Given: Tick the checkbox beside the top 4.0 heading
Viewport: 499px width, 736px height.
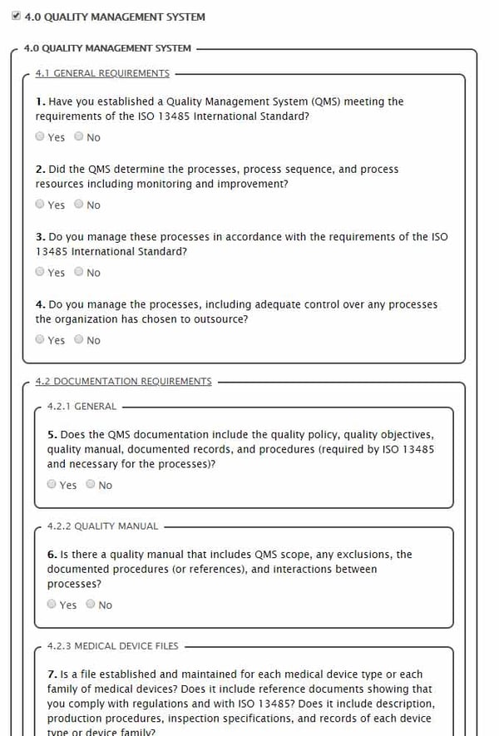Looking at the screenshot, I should (x=16, y=16).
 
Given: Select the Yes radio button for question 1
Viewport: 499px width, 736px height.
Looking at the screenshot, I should (x=40, y=136).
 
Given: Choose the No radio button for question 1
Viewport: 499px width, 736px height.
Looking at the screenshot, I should (x=78, y=136).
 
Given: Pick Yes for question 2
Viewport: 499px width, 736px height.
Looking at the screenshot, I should (x=40, y=204).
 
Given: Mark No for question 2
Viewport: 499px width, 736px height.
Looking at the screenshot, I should (x=78, y=204).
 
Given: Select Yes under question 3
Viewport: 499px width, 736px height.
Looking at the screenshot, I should (x=40, y=271).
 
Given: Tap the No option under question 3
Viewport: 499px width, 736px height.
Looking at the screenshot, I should (x=78, y=271).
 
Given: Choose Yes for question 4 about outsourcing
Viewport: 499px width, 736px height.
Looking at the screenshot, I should (x=40, y=339).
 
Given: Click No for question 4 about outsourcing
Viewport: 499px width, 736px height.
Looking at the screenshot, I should (x=78, y=339).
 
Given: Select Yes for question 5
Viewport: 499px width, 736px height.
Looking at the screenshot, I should (x=52, y=484).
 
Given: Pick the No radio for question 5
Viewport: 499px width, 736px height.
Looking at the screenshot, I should (x=91, y=484).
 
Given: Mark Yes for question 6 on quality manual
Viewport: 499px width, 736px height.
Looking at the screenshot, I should (x=52, y=604).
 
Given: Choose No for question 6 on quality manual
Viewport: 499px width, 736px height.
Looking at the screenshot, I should (x=91, y=604).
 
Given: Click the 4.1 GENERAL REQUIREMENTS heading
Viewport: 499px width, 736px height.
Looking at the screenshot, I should (x=101, y=73).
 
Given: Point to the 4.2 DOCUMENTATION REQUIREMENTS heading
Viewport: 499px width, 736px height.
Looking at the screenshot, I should (x=123, y=382).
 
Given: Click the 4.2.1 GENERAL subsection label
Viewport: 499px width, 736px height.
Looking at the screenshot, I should (x=82, y=407).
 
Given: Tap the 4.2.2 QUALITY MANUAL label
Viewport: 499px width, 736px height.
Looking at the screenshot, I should (x=102, y=526).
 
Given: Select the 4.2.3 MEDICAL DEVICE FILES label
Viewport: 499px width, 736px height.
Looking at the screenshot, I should (x=112, y=646).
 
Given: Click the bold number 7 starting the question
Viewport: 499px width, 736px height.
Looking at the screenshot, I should (x=51, y=674).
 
